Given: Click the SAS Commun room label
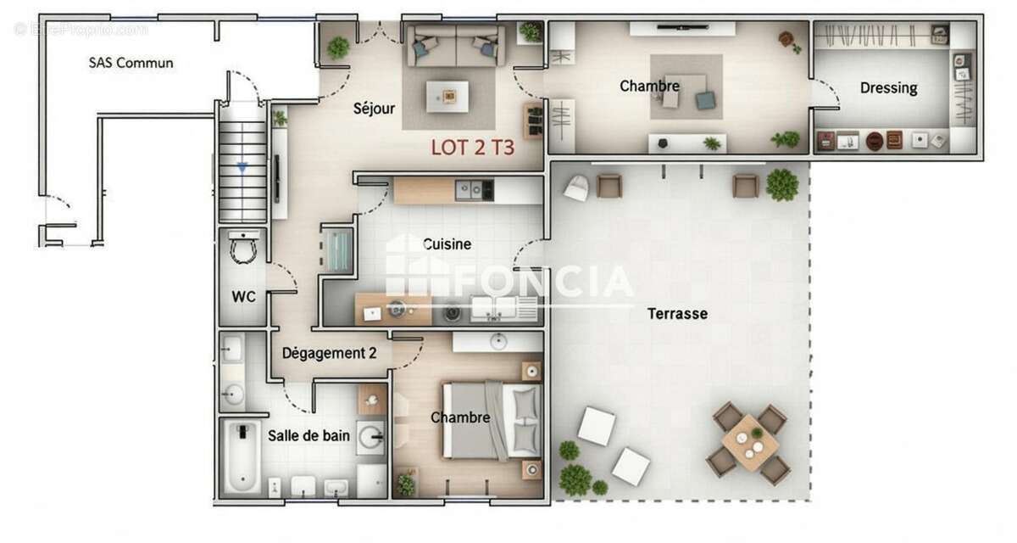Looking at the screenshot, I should pyautogui.click(x=131, y=63).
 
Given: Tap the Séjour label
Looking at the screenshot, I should pyautogui.click(x=375, y=109).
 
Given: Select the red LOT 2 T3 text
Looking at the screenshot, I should pyautogui.click(x=472, y=147).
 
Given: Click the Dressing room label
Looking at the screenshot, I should pyautogui.click(x=888, y=88).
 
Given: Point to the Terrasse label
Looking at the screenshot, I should pyautogui.click(x=677, y=314).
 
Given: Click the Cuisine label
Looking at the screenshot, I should pyautogui.click(x=447, y=244).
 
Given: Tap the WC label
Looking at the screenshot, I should pyautogui.click(x=244, y=297).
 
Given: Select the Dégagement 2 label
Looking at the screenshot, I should pyautogui.click(x=329, y=354).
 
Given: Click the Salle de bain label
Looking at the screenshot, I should pyautogui.click(x=308, y=436).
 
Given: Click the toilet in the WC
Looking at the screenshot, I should pyautogui.click(x=244, y=247).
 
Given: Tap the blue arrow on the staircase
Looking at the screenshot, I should pyautogui.click(x=242, y=168).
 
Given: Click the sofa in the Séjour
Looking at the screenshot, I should pyautogui.click(x=455, y=46).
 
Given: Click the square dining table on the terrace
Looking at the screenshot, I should pyautogui.click(x=749, y=442).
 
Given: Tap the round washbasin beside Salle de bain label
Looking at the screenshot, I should pyautogui.click(x=370, y=438).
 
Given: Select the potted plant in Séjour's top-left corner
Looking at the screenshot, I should pyautogui.click(x=338, y=48).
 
